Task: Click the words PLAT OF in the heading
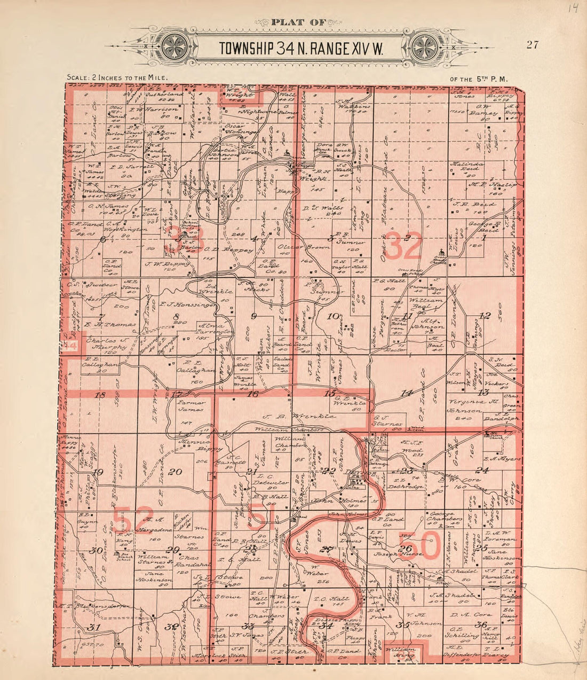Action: click(295, 22)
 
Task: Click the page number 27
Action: click(532, 45)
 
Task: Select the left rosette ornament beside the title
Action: click(174, 46)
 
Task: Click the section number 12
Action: click(485, 316)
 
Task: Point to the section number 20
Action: click(175, 471)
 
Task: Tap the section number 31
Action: click(94, 627)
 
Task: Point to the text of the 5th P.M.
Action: click(479, 79)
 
